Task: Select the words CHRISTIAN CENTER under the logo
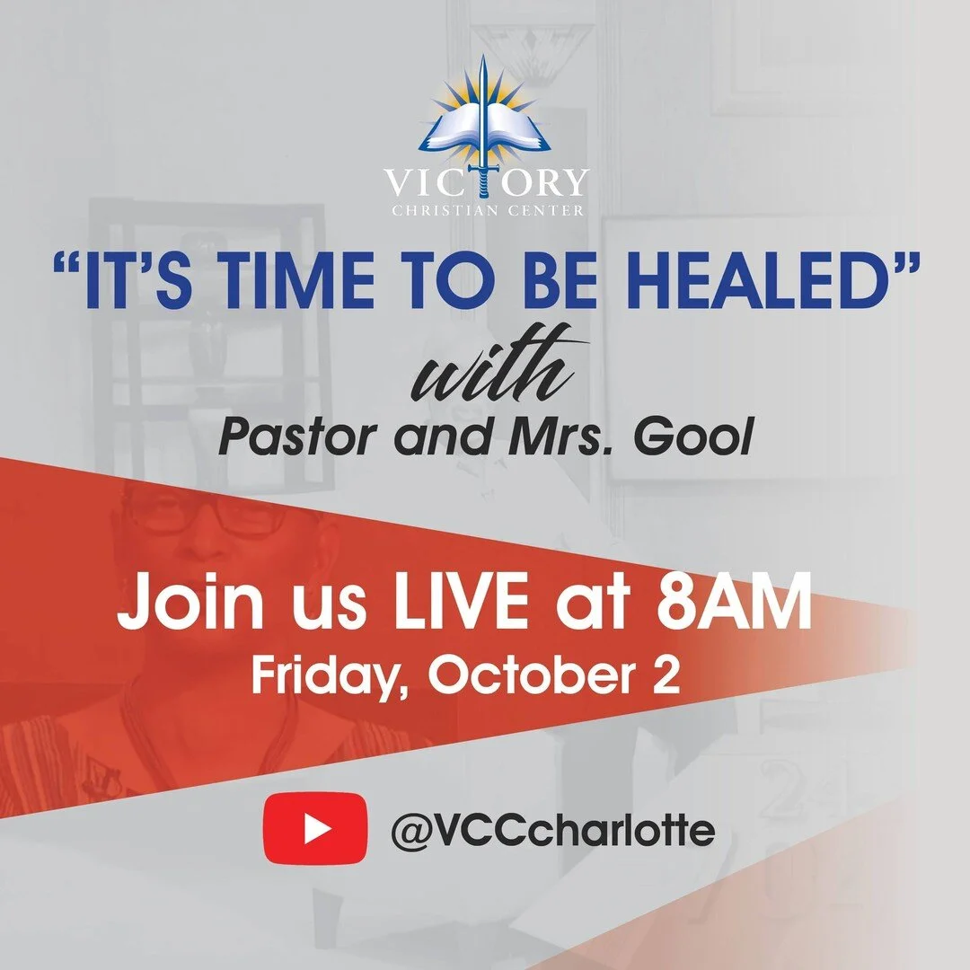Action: [x=486, y=211]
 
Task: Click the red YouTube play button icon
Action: [x=314, y=828]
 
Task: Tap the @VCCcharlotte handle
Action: [x=552, y=829]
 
